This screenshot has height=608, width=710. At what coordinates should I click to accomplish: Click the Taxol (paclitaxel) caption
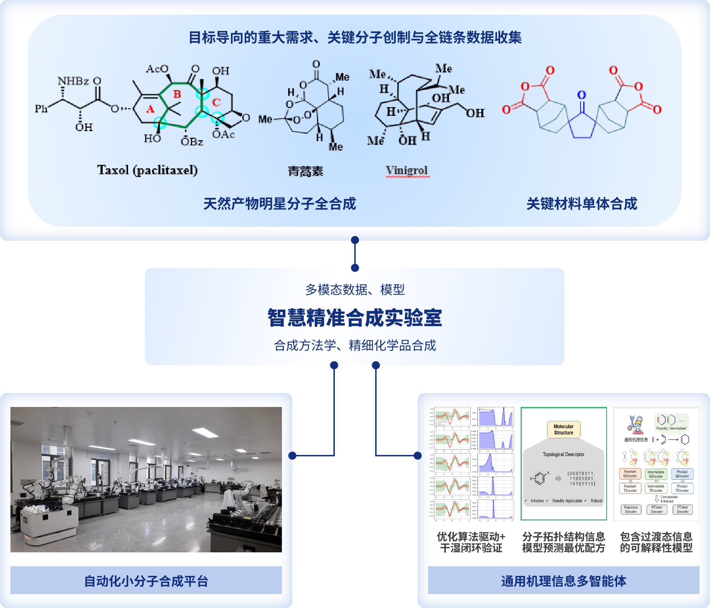(x=147, y=170)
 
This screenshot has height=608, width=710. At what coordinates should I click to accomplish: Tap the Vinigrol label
(x=407, y=170)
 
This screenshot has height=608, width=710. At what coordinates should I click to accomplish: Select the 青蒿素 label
(x=305, y=171)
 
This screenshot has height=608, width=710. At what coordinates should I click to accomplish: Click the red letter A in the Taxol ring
(x=150, y=109)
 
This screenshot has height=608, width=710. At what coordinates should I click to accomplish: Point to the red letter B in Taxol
(x=177, y=94)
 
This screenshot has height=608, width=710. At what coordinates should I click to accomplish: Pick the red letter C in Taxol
(x=216, y=102)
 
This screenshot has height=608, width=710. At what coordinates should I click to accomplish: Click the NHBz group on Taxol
(x=73, y=81)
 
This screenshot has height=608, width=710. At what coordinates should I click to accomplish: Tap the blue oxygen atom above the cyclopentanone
(x=582, y=95)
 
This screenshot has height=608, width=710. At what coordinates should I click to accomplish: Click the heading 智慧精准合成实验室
(x=355, y=318)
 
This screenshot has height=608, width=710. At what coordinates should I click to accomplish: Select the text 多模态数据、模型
(x=355, y=289)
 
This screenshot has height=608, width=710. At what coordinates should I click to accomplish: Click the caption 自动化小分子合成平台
(x=146, y=581)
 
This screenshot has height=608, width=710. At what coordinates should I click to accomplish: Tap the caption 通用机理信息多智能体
(x=563, y=581)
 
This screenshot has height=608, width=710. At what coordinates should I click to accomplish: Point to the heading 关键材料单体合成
(x=582, y=204)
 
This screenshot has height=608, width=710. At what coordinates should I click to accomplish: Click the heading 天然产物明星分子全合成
(x=279, y=204)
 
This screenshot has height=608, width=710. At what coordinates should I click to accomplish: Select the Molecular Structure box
(x=563, y=430)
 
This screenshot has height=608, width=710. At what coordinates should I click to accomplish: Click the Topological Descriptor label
(x=563, y=454)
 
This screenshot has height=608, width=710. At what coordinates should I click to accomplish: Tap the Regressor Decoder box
(x=631, y=510)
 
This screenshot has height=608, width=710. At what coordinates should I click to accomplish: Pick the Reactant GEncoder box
(x=630, y=474)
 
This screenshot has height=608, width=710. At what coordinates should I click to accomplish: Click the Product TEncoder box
(x=682, y=488)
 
